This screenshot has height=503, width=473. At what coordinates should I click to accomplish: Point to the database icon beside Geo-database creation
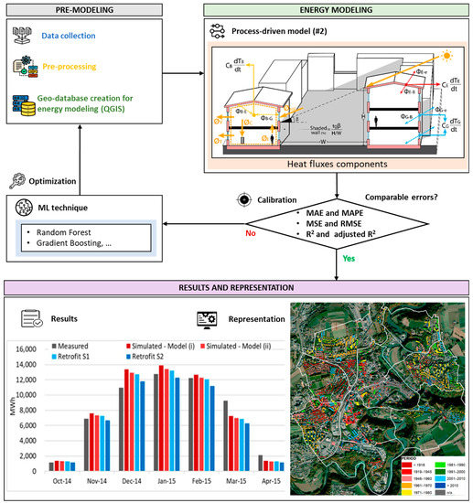tap(27, 100)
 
